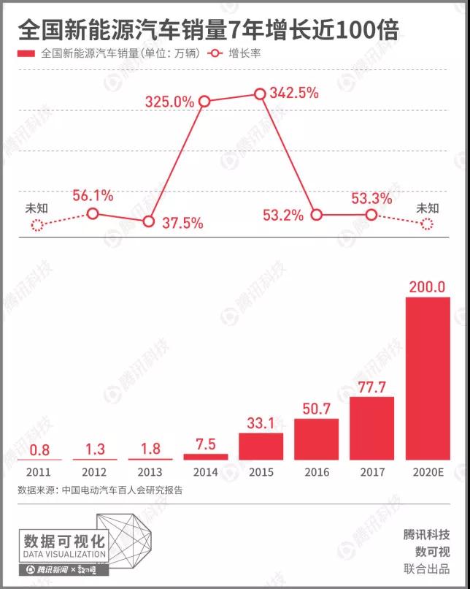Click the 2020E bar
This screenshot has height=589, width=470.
pos(428,378)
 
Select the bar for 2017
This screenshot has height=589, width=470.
pos(372,427)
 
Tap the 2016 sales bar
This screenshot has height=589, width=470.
pos(317,438)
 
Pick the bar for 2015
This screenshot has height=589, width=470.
pos(261,446)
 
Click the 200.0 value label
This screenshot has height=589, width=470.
pos(427,286)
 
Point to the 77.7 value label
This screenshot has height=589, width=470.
pos(372,385)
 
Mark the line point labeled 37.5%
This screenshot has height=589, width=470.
pos(149,221)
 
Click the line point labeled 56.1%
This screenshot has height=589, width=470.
pos(93,213)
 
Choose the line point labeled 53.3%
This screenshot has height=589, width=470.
pos(371,215)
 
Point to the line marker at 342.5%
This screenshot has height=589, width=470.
pos(260,94)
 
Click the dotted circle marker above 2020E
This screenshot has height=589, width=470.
pos(427,225)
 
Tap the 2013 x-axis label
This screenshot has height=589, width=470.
pos(150,472)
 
